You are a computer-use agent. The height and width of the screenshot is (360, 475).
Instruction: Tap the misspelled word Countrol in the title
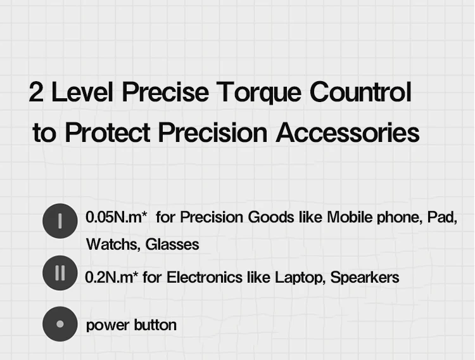coord(360,92)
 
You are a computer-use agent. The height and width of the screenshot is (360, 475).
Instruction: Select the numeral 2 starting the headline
coord(36,93)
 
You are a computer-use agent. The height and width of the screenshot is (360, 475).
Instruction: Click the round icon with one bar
coord(60,221)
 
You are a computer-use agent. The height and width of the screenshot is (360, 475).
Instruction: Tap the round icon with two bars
coord(60,273)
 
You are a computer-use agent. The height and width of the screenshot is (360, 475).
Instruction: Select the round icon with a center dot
coord(60,324)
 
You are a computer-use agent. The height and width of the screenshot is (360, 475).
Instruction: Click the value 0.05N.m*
coord(117,217)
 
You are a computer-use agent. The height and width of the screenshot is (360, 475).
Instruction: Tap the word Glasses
coord(172,244)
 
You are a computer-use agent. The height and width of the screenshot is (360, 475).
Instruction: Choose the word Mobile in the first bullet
coord(347,217)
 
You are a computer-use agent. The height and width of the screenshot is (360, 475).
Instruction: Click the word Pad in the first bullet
coord(444,217)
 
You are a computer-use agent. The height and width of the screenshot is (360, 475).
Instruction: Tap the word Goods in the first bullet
coord(270,217)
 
